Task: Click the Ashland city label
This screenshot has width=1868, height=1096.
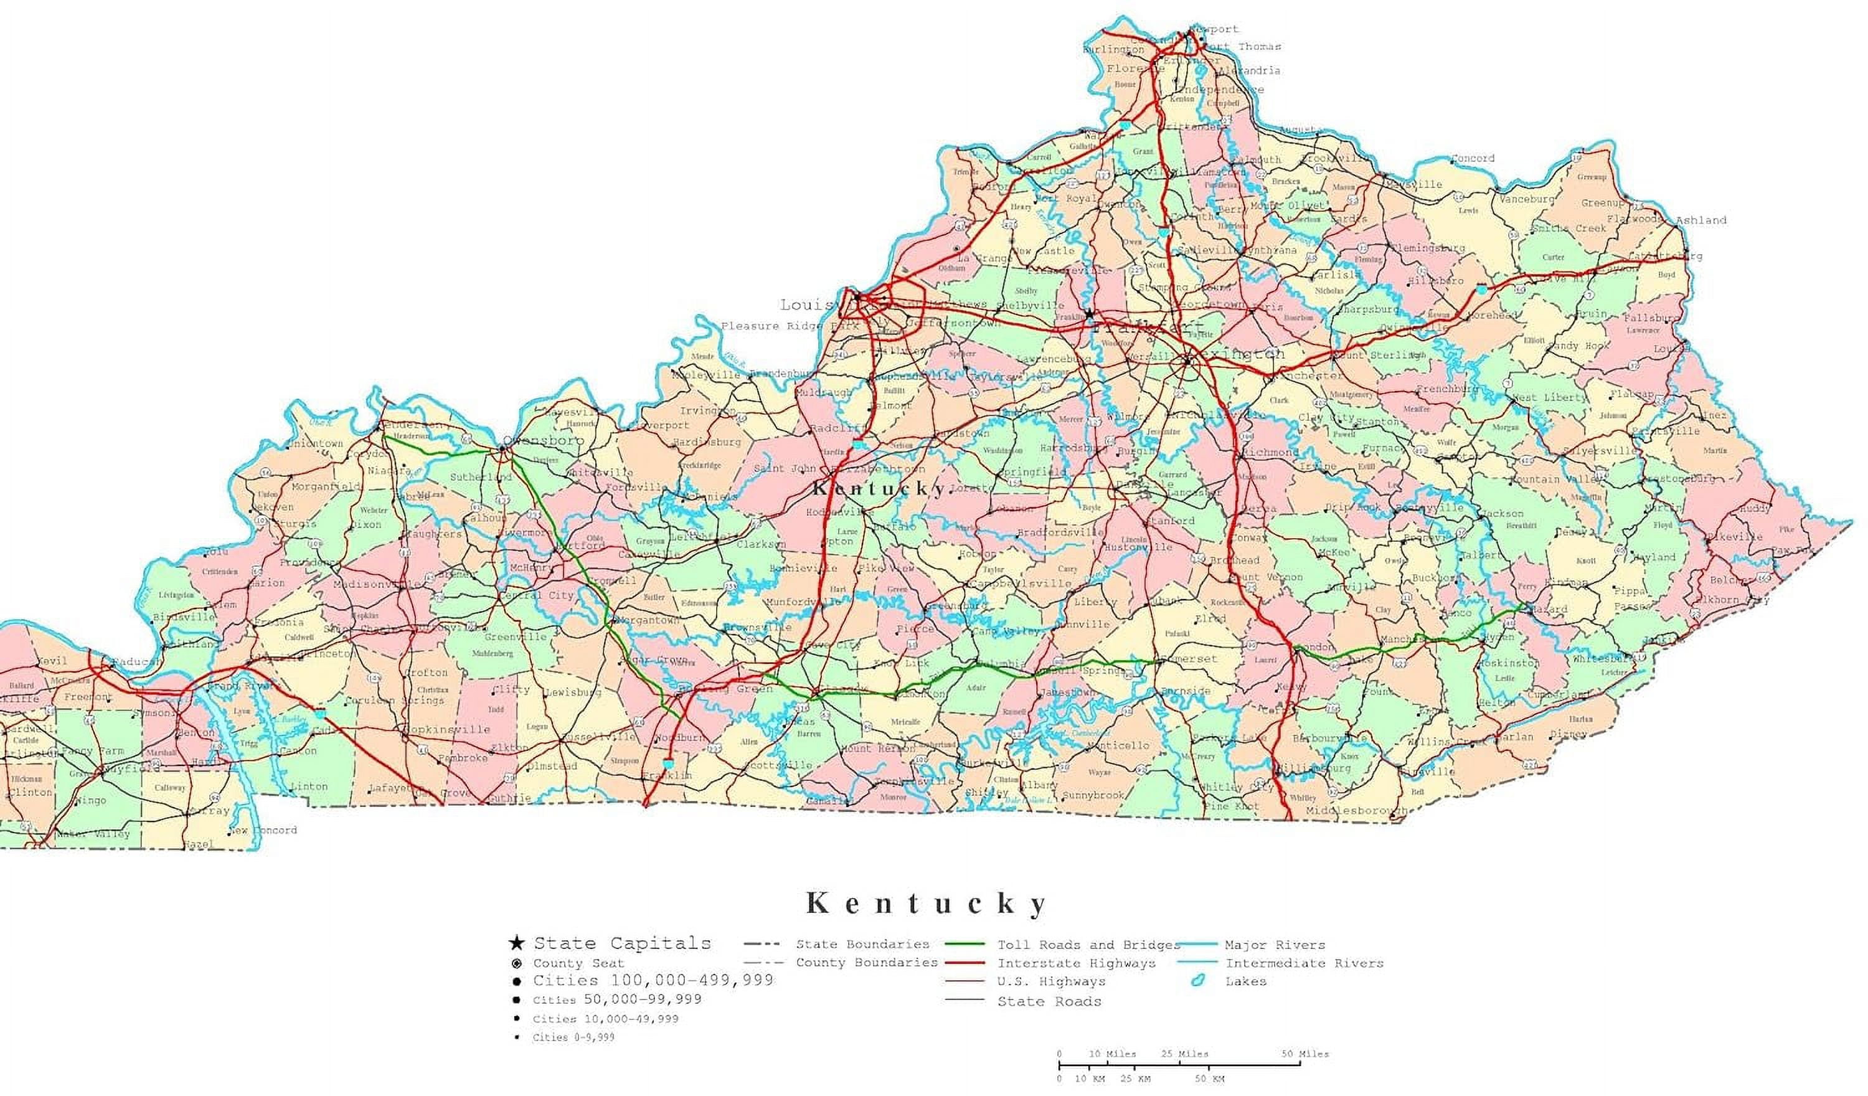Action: [1701, 220]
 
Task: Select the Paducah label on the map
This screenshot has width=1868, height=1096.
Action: [136, 661]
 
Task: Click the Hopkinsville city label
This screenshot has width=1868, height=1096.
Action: [446, 730]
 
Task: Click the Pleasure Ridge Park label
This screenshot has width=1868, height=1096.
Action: [790, 326]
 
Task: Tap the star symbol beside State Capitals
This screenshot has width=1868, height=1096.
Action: [516, 944]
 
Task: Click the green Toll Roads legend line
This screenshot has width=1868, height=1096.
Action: [965, 945]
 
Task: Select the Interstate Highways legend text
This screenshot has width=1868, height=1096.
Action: [1077, 963]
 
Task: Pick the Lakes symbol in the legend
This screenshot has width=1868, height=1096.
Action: [1198, 981]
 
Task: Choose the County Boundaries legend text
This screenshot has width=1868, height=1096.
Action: [867, 963]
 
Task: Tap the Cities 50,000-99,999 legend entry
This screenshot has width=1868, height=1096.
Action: [616, 999]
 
